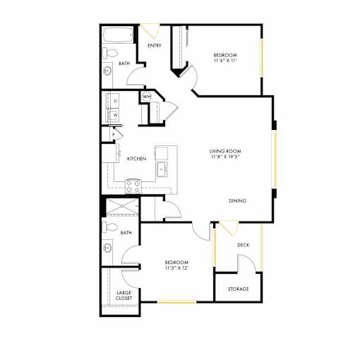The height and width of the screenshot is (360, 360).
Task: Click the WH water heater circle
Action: pos(147,97)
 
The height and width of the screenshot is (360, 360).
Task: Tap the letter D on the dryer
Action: pos(116,101)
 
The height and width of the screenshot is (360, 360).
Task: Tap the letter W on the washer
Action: pos(116,115)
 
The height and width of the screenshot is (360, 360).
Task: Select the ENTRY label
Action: pos(155,45)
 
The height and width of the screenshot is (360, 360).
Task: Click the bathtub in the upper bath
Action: pos(118,35)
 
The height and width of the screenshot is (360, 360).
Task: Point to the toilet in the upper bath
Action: pos(109,53)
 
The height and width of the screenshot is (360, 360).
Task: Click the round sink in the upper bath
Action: pos(107,71)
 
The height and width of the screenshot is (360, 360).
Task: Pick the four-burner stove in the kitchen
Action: pos(133,186)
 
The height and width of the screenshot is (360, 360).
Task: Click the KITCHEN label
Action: pos(137,159)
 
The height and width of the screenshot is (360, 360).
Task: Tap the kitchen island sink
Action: pos(162,169)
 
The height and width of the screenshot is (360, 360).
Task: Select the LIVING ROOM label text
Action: pos(225,151)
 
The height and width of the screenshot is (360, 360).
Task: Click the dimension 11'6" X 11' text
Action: pos(225,61)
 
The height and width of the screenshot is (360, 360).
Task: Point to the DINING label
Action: pos(238,200)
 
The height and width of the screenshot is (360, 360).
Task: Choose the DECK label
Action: pos(244,245)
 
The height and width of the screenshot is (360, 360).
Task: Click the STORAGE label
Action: pos(239,289)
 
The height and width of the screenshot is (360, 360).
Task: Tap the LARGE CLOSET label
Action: pos(124,295)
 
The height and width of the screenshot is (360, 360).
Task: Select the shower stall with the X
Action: pos(122,206)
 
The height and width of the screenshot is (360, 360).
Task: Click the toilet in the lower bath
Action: pos(110,227)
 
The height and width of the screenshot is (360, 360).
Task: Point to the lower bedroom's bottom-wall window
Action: pos(176,301)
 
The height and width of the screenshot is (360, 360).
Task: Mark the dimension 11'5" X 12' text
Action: pos(176,268)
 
